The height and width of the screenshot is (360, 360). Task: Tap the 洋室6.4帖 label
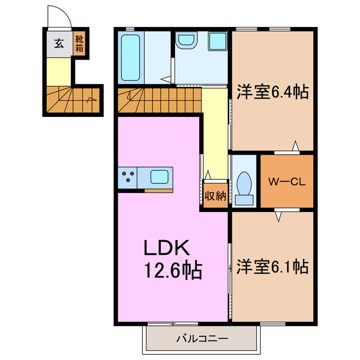[272, 92]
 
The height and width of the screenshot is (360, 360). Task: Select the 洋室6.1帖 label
[272, 265]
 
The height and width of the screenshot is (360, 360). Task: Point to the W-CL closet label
[286, 181]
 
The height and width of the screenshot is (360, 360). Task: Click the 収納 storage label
[215, 196]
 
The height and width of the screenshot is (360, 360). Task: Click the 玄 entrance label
[58, 43]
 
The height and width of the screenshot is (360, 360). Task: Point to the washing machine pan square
[217, 42]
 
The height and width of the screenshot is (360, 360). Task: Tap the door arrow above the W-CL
[294, 147]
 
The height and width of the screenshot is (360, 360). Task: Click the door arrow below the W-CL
[278, 215]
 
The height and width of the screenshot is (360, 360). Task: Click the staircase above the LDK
[159, 100]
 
